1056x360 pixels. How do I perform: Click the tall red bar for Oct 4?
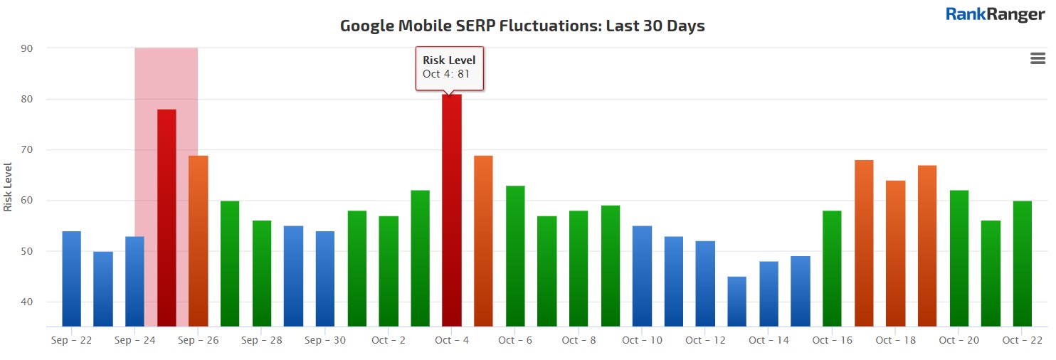tap(452, 210)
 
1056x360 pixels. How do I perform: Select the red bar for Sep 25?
tap(167, 217)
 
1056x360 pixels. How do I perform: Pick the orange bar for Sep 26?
tap(199, 240)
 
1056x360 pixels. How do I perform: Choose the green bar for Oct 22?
tap(1022, 263)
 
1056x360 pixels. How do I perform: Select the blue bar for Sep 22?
tap(71, 278)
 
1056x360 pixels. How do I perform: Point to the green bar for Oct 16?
tap(832, 268)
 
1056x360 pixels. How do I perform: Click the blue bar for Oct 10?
tap(642, 276)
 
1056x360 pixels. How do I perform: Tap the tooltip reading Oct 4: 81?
tap(449, 68)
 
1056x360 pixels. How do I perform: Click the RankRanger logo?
tap(995, 14)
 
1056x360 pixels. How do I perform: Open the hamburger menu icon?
tap(1037, 59)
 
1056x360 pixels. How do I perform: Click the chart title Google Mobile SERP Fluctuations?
tap(522, 26)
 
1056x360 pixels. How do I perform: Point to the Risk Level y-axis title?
tap(8, 186)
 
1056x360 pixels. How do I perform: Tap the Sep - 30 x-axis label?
tap(325, 340)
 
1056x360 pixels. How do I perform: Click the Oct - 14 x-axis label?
tap(769, 340)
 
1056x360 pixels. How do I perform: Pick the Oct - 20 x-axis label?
tap(959, 340)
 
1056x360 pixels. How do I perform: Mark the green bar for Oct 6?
tap(515, 256)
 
